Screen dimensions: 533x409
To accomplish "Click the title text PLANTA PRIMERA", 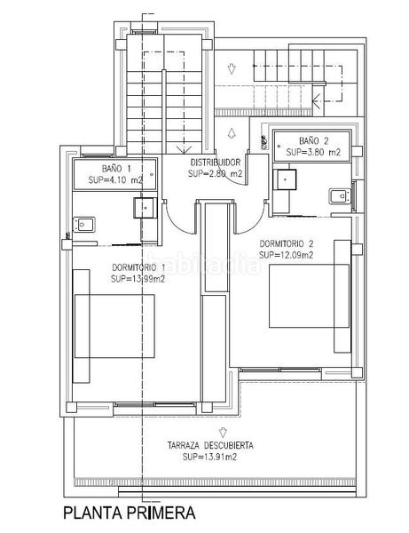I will point(124,513).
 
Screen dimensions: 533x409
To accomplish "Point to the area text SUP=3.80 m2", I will point(313,152).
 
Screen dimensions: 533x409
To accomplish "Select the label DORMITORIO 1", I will point(139,266).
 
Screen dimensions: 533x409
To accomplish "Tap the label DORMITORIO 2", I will point(287,243).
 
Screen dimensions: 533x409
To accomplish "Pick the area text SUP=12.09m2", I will point(287,255).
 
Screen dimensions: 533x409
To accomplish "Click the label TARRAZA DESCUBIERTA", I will point(210,445).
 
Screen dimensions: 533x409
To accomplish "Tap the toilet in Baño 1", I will point(83,225).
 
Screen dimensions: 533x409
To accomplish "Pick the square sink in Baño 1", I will point(144,208).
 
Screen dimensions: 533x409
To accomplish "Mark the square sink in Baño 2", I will point(284,177).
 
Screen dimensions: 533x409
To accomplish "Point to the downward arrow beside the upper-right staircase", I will point(230,68).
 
